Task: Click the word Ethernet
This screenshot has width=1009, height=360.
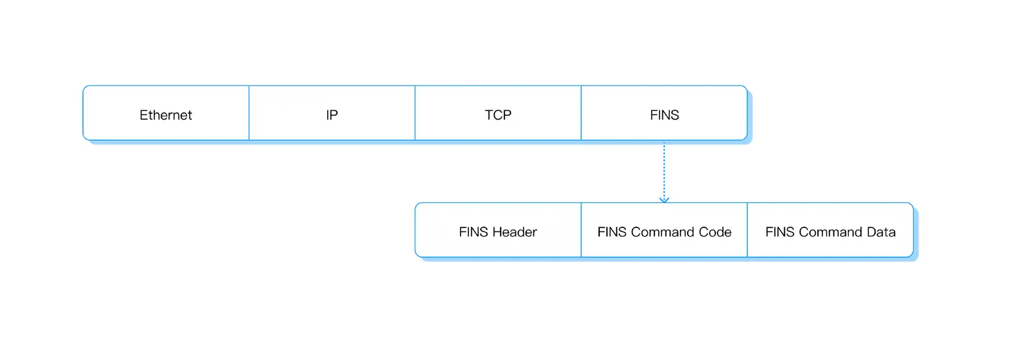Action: (166, 115)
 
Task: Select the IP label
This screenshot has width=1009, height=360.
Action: (332, 115)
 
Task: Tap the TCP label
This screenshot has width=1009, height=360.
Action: (498, 115)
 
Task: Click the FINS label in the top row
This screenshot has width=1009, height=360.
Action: (664, 115)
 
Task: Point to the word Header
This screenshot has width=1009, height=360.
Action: (514, 232)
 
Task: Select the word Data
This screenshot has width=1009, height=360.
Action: (881, 232)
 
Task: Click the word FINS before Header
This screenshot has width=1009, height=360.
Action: (474, 232)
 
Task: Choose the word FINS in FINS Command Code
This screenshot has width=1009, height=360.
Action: (612, 232)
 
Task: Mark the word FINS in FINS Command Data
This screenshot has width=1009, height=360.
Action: (780, 232)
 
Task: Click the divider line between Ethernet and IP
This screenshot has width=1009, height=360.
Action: (249, 113)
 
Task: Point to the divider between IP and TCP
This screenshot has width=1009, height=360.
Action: (415, 113)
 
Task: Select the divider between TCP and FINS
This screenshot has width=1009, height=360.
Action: (581, 113)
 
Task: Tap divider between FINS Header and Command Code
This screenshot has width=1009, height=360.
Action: (581, 230)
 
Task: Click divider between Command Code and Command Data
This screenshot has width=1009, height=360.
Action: (748, 230)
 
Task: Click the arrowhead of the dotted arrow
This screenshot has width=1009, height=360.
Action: (664, 199)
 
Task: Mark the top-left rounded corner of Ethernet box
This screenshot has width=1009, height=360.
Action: (85, 88)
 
